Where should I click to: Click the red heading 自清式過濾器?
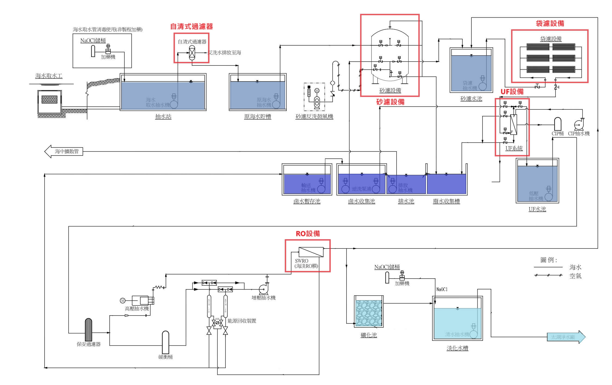coord(191,26)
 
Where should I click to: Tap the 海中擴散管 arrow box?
coord(64,152)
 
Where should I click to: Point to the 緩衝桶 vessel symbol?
coord(165,342)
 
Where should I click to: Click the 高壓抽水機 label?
coord(137,309)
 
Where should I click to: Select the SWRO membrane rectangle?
coord(311,252)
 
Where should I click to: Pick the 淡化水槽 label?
coord(457,348)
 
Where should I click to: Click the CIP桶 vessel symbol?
coord(558,124)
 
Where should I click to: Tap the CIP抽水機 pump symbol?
coord(579,125)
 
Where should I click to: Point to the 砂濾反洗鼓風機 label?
coord(314,117)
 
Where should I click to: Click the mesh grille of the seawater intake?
coord(49,99)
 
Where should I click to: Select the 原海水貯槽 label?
coord(257,117)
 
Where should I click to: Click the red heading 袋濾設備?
coord(550,23)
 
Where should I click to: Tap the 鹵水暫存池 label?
coord(307,201)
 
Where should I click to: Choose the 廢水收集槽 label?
coord(446,201)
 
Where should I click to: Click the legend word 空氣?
coord(575,276)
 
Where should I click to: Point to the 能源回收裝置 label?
coord(242,321)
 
